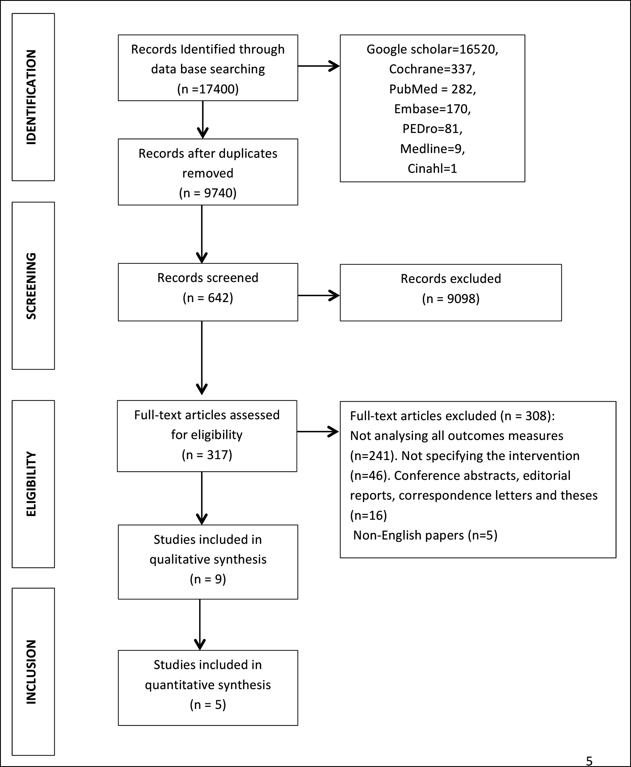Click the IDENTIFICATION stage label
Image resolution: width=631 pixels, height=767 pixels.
(32, 97)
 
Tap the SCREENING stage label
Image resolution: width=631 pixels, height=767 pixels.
(32, 286)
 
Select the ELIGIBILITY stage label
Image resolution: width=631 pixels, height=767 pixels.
(32, 484)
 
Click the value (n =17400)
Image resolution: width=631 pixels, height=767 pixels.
(208, 89)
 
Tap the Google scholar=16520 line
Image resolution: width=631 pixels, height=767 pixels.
(432, 49)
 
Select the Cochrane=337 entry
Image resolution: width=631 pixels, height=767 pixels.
(432, 69)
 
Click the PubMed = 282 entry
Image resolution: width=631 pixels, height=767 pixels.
(432, 89)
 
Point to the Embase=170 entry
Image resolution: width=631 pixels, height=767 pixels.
(432, 109)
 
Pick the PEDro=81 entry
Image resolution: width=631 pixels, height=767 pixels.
(432, 129)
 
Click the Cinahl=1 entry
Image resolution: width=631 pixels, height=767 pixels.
(432, 168)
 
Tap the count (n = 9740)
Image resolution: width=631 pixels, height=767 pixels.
(208, 193)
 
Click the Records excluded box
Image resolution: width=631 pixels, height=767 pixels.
(451, 293)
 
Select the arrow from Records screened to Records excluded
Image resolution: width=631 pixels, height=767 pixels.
(319, 296)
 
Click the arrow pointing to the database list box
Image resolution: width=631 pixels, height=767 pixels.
(319, 66)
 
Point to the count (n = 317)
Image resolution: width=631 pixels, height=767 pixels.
(207, 455)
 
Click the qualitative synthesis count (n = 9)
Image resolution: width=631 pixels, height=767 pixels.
(208, 579)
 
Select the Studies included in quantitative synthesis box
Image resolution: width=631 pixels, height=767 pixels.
(208, 688)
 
